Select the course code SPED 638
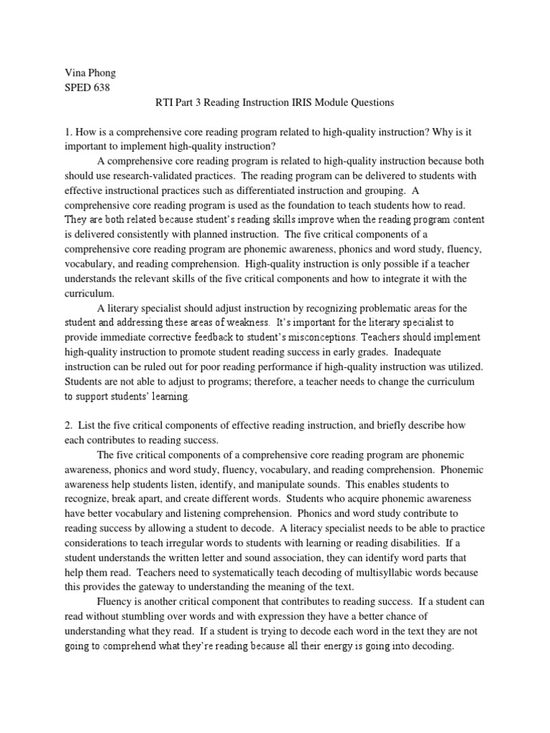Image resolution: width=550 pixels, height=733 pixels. [90, 88]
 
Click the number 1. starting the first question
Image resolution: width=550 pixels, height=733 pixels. [68, 131]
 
